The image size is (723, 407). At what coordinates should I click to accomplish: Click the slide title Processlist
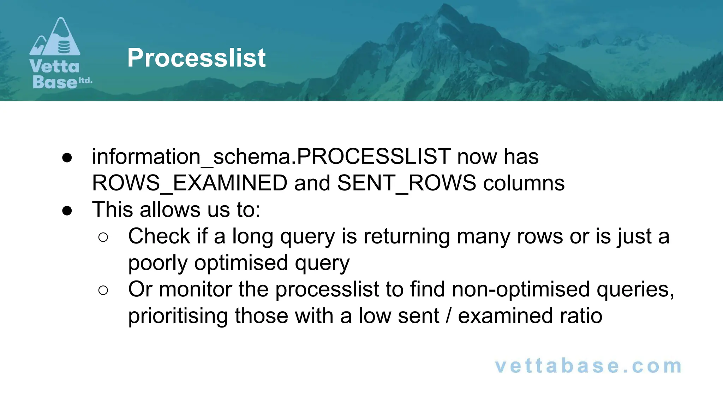pyautogui.click(x=196, y=58)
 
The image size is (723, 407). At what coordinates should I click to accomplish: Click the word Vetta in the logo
pyautogui.click(x=55, y=66)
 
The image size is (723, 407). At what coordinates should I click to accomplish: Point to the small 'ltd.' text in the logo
pyautogui.click(x=85, y=81)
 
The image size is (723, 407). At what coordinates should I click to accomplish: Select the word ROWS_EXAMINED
pyautogui.click(x=190, y=183)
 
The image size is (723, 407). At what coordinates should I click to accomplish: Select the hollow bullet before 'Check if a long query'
pyautogui.click(x=103, y=237)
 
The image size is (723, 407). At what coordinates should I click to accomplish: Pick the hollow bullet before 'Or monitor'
pyautogui.click(x=103, y=290)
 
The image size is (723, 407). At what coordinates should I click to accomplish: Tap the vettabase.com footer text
pyautogui.click(x=588, y=366)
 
